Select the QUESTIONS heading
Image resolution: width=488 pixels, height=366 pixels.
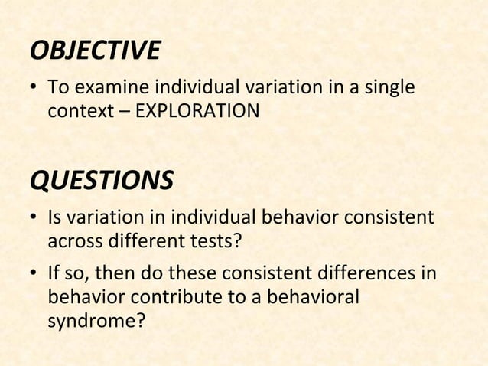[100, 181]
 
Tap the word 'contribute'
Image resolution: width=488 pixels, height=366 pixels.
[162, 296]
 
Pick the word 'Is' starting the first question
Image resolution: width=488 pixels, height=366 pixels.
[55, 219]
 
